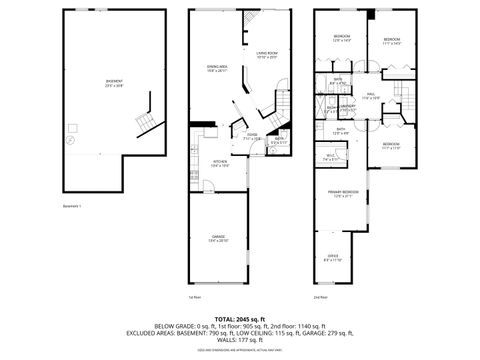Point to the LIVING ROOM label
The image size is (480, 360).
point(266,54)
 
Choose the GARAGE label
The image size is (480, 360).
point(218,239)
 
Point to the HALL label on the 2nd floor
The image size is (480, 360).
point(370,96)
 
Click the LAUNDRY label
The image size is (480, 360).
point(350,106)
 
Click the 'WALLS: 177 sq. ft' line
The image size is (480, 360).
point(239,339)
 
